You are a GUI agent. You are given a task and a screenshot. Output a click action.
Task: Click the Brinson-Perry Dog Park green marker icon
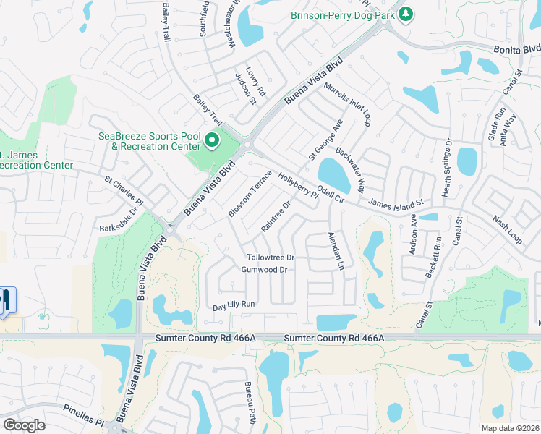pyautogui.click(x=406, y=14)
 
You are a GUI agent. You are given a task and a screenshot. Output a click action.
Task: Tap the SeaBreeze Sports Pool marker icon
pyautogui.click(x=212, y=140)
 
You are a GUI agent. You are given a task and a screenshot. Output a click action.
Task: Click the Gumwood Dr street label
pyautogui.click(x=264, y=270)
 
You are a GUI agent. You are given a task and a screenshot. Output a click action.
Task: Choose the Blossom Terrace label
pyautogui.click(x=250, y=194)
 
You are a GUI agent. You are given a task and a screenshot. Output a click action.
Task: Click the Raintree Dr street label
pyautogui.click(x=276, y=216)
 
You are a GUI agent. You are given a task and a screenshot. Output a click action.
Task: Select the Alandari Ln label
pyautogui.click(x=334, y=251)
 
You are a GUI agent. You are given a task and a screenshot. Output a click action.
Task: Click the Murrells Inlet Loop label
pyautogui.click(x=347, y=103)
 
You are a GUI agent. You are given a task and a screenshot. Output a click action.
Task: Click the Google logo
pyautogui.click(x=24, y=425)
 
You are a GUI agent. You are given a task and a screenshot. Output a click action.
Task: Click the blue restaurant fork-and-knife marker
pyautogui.click(x=5, y=300)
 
